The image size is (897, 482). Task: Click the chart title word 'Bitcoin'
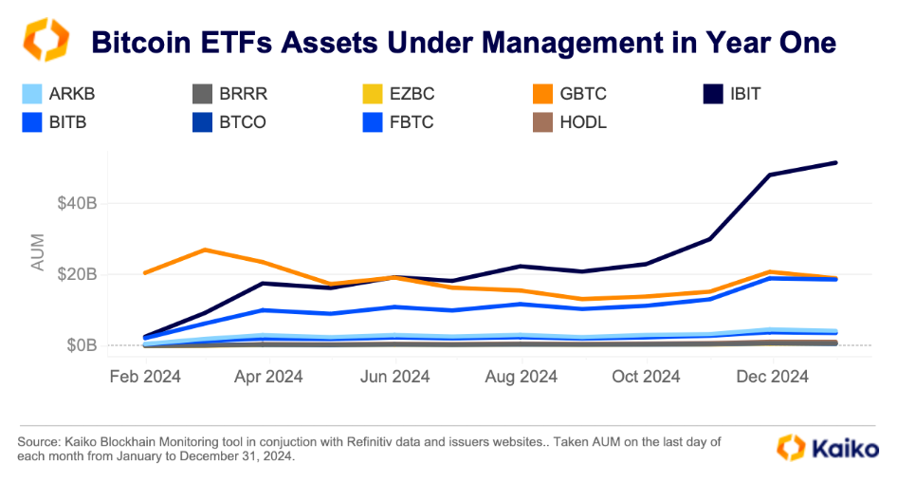140,43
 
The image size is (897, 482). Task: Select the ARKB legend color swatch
32,94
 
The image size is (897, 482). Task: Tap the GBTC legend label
583,94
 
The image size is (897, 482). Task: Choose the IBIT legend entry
732,94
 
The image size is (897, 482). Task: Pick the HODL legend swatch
543,122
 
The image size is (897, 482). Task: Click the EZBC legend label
412,94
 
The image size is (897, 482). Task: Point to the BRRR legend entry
230,94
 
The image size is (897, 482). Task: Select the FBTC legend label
412,122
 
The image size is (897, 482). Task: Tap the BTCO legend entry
229,122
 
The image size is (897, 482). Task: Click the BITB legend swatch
32,122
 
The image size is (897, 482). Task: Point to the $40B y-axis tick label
77,203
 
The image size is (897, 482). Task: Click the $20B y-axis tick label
77,275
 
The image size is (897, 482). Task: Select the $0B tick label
82,345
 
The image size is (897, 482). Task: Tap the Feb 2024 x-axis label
145,377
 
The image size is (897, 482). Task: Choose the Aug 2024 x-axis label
522,377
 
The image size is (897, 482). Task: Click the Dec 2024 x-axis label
772,377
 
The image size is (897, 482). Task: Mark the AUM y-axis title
38,251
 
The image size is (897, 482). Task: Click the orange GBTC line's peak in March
205,250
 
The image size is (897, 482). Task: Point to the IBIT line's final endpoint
835,163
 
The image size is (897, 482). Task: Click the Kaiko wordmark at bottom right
846,448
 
